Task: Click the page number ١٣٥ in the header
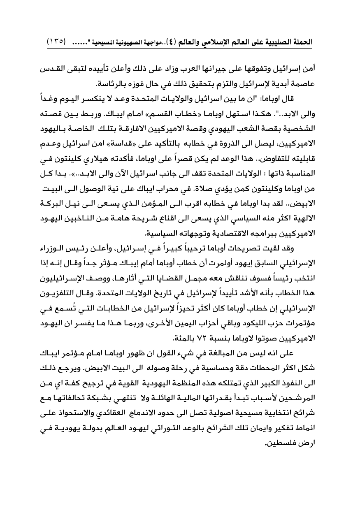point(55,42)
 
